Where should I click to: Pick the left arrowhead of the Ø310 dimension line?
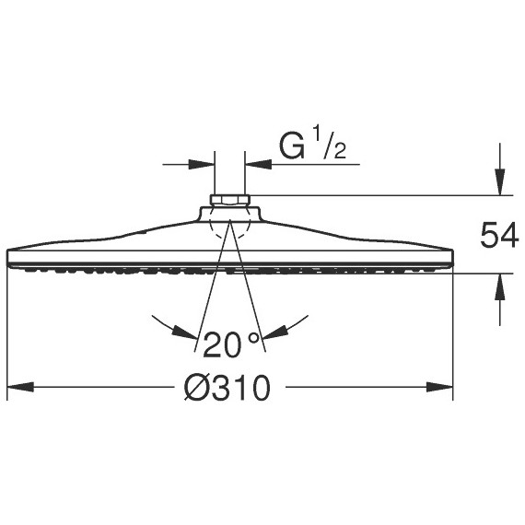tap(18, 389)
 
